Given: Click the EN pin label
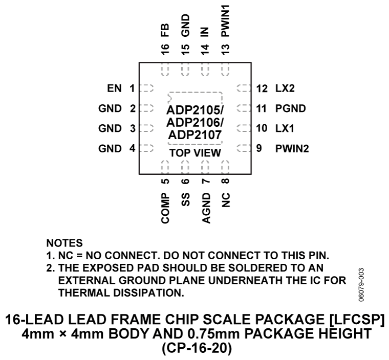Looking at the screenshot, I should point(113,88).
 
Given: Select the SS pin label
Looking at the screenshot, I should point(185,199).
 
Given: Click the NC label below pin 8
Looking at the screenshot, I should point(225,199).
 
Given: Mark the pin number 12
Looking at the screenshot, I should point(262,88).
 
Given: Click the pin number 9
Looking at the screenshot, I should point(259,149).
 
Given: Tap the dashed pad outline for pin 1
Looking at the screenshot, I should point(147,88).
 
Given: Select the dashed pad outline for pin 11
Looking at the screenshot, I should point(243,108).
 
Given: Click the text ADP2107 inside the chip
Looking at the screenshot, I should point(194,136).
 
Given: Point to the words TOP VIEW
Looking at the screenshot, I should point(195,153).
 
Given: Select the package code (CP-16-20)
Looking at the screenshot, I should point(194,348).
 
